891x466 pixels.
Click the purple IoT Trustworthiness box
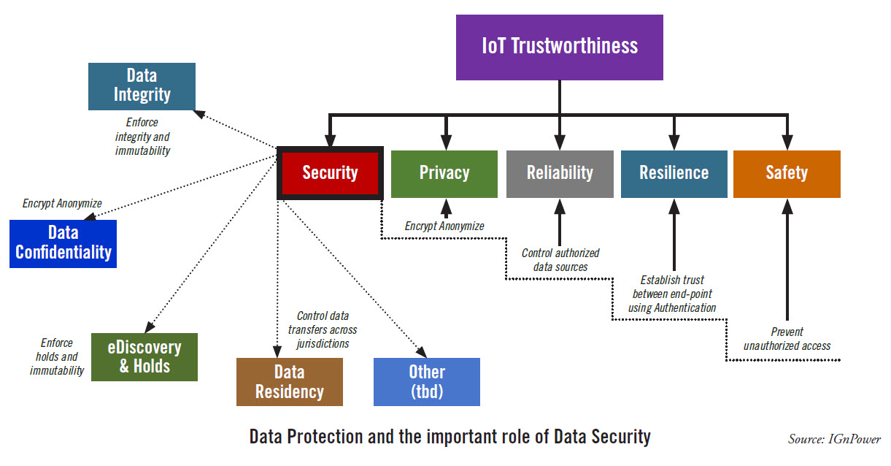pyautogui.click(x=559, y=47)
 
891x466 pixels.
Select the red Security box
pyautogui.click(x=330, y=173)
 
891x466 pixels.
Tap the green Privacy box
pyautogui.click(x=444, y=174)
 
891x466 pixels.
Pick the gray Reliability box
pyautogui.click(x=560, y=174)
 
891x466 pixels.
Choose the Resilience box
pyautogui.click(x=674, y=174)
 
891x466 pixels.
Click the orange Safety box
pyautogui.click(x=787, y=174)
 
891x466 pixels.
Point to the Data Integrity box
pyautogui.click(x=142, y=86)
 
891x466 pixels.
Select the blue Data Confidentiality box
pyautogui.click(x=63, y=244)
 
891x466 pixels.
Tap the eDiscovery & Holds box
pyautogui.click(x=144, y=357)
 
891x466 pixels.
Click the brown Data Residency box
pyautogui.click(x=290, y=382)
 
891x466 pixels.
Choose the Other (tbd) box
pyautogui.click(x=427, y=382)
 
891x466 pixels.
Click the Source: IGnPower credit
pyautogui.click(x=834, y=439)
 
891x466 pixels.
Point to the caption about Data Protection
pyautogui.click(x=450, y=437)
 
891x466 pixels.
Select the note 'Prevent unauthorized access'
pyautogui.click(x=787, y=339)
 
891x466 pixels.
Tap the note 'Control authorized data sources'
pyautogui.click(x=560, y=260)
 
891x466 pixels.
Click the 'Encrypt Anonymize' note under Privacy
pyautogui.click(x=444, y=226)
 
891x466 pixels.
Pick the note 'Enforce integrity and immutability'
pyautogui.click(x=142, y=136)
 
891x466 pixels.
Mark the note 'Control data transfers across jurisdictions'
pyautogui.click(x=323, y=330)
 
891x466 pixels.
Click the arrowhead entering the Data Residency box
pyautogui.click(x=277, y=351)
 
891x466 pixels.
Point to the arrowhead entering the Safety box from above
pyautogui.click(x=787, y=142)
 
